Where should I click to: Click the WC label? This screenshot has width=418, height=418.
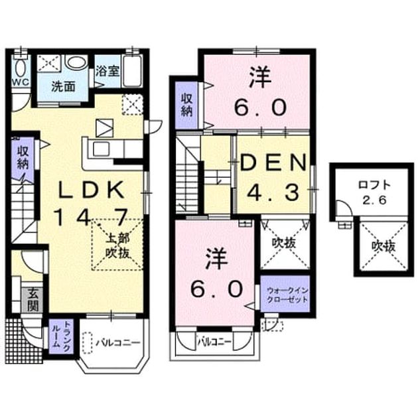[20, 82]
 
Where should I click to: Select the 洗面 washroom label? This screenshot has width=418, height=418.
[63, 87]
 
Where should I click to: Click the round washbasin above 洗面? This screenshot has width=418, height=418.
[76, 62]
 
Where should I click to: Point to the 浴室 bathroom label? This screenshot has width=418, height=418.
[107, 71]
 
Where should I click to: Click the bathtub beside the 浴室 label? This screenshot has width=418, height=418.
[133, 70]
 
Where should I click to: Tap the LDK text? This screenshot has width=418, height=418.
[92, 190]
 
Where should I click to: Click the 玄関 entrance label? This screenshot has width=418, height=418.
[33, 299]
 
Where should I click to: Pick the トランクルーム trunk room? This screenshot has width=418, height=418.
[61, 336]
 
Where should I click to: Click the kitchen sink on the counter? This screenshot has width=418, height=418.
[101, 149]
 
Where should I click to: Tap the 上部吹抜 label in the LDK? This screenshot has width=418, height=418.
[117, 245]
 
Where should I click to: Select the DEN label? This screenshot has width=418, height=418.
[273, 163]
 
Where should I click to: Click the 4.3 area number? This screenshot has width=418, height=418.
[273, 192]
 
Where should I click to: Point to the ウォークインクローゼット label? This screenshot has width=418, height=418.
[287, 295]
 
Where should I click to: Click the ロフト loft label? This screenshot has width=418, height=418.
[374, 184]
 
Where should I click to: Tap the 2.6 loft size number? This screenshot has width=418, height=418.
[374, 200]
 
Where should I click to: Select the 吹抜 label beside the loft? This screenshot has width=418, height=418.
[383, 247]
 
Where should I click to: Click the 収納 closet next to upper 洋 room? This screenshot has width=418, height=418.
[187, 105]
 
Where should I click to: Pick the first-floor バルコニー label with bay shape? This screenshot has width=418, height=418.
[118, 342]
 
